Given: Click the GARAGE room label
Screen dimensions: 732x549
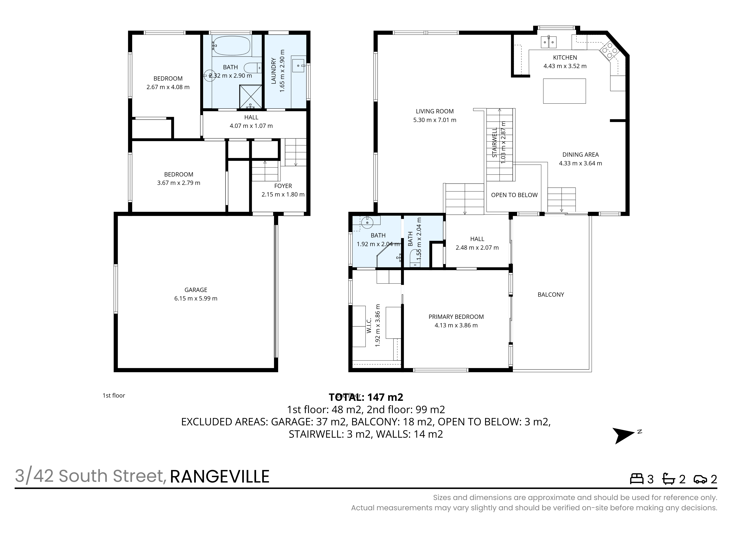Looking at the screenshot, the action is point(196,290).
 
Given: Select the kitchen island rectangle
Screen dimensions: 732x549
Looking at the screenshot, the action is point(565,91).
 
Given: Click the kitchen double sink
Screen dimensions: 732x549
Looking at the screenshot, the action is point(549,42).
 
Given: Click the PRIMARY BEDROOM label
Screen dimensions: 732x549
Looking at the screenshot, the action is point(456,317).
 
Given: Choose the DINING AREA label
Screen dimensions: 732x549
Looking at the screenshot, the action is point(580,155).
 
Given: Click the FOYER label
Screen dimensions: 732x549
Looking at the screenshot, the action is point(283,186).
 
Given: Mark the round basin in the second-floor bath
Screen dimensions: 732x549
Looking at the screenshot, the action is point(367,223).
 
